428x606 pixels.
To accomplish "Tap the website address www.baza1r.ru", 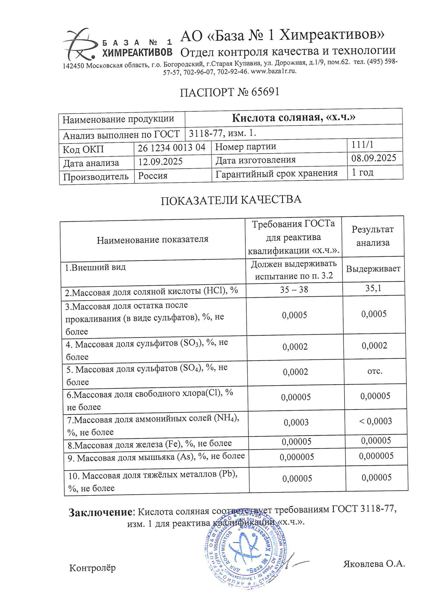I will [x=274, y=71].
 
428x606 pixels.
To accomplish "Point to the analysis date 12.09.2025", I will [x=160, y=162].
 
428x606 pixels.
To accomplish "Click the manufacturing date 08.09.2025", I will [x=373, y=158].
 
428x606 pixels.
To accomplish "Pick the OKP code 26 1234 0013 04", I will [x=172, y=147].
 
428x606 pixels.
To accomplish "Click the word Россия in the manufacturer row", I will [x=153, y=176].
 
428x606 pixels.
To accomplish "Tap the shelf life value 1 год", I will [x=362, y=172].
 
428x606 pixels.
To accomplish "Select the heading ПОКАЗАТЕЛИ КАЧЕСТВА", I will [x=231, y=200].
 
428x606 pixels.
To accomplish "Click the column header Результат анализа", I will [x=373, y=236].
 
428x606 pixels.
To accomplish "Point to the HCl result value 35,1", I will [x=373, y=288].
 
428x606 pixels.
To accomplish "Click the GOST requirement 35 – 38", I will [x=294, y=290].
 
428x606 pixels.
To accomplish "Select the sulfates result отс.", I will [x=375, y=371].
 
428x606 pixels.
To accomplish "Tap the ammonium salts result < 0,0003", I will [x=375, y=421].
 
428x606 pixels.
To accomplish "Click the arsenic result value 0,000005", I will [x=376, y=456].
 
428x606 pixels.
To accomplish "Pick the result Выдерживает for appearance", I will [x=373, y=269].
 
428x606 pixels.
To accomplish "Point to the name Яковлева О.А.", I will [x=374, y=564].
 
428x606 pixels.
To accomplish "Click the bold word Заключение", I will [x=100, y=512].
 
